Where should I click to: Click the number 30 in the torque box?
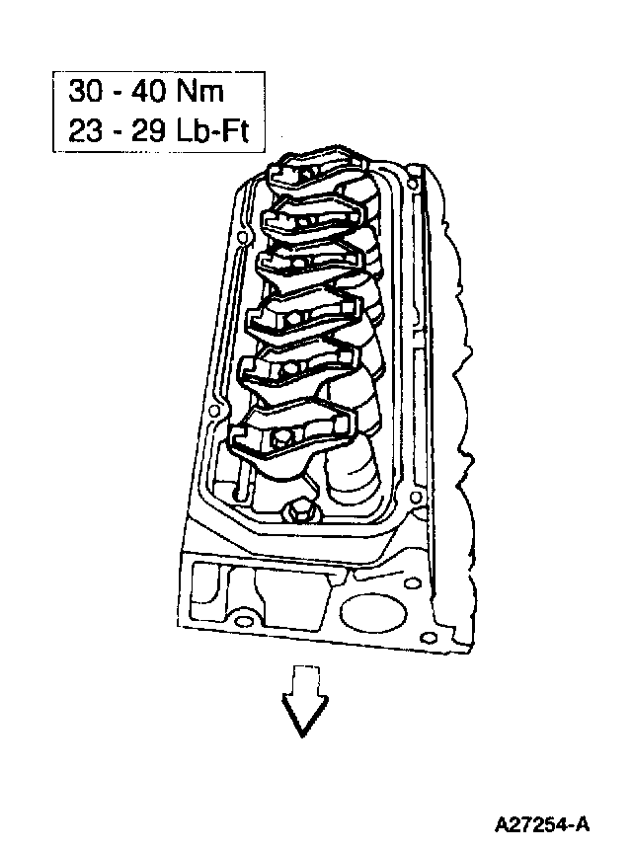[x=86, y=92]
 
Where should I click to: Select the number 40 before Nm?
[x=148, y=92]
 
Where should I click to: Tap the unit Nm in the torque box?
[x=199, y=92]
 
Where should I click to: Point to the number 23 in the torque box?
[x=85, y=130]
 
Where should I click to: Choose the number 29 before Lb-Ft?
[x=148, y=130]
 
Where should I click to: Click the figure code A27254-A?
[x=542, y=825]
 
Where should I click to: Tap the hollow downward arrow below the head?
[x=304, y=700]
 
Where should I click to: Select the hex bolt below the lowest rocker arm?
[x=297, y=511]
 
